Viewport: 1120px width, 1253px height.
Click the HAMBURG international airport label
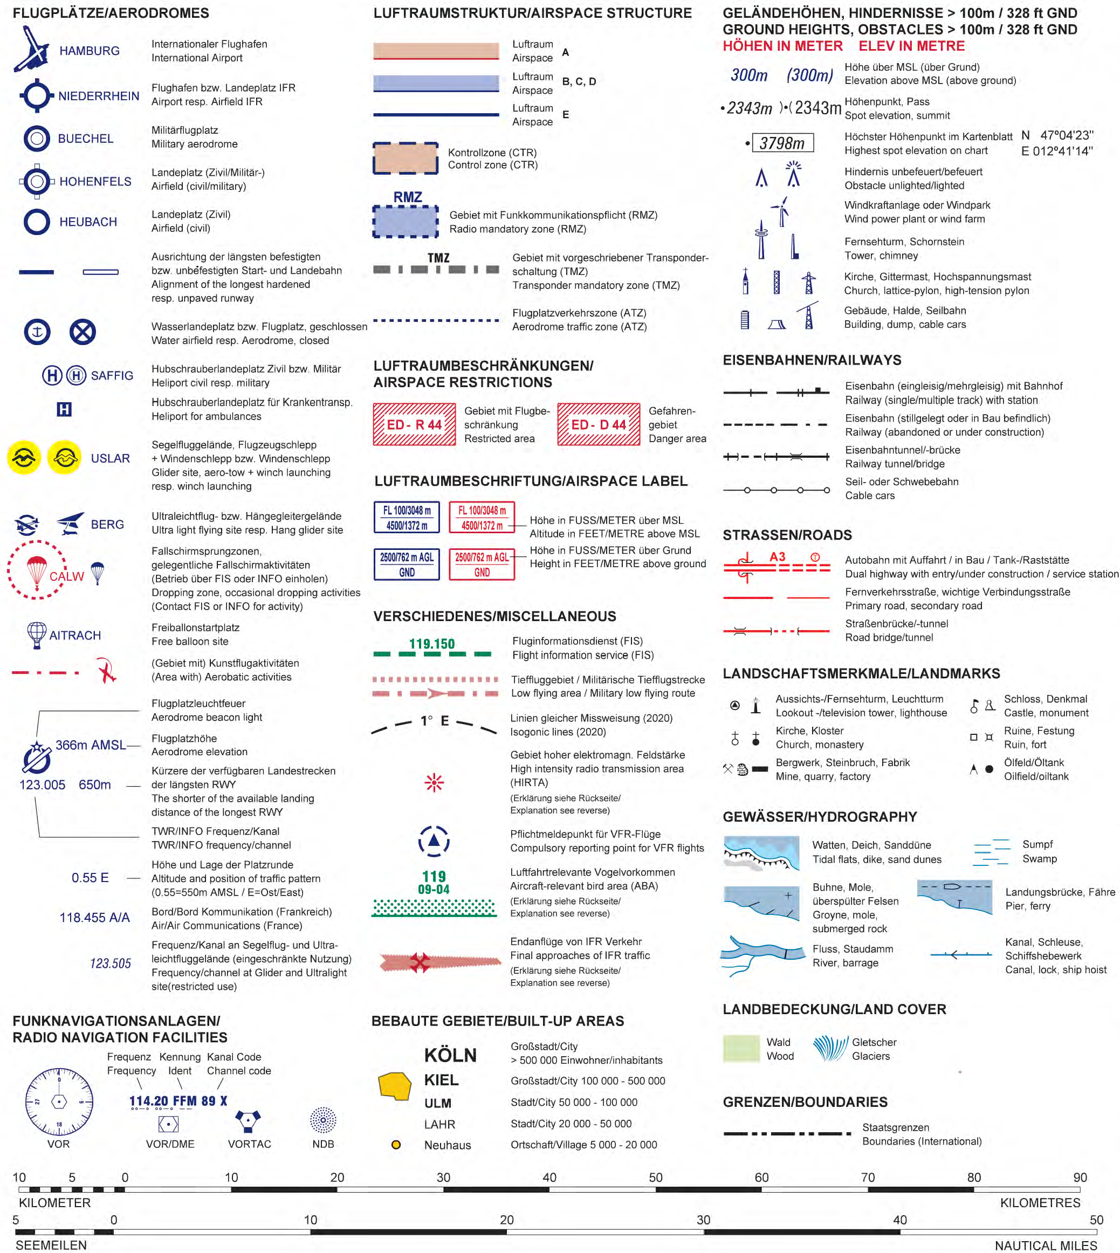pos(89,51)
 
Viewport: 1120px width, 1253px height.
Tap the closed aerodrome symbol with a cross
pos(83,332)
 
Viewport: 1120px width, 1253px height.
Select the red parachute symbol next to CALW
pos(37,570)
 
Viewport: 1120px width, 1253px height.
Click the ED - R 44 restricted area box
pos(414,424)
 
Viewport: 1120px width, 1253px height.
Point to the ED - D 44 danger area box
pos(599,424)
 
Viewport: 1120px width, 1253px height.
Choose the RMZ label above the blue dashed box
pos(407,197)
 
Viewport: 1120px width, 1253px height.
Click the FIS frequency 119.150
pos(432,644)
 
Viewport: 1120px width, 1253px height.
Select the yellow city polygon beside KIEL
pos(395,1086)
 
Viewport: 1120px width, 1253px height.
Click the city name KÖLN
pos(450,1056)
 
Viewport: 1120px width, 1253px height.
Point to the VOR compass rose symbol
pos(59,1101)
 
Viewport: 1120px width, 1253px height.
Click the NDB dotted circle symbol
pos(323,1120)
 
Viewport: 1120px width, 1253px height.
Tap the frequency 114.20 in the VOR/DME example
pos(148,1101)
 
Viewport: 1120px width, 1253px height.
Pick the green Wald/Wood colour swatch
pos(741,1049)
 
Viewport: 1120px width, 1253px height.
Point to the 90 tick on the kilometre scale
pos(1080,1189)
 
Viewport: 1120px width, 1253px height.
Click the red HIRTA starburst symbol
pos(435,783)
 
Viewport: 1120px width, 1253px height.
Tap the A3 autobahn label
pos(777,556)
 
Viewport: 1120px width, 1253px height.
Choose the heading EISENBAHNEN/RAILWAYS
pos(812,360)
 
